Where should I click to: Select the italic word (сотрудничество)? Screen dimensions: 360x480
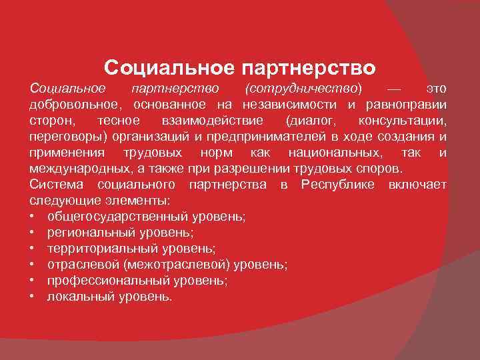[304, 89]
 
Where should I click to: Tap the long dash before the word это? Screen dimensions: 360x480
[395, 89]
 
